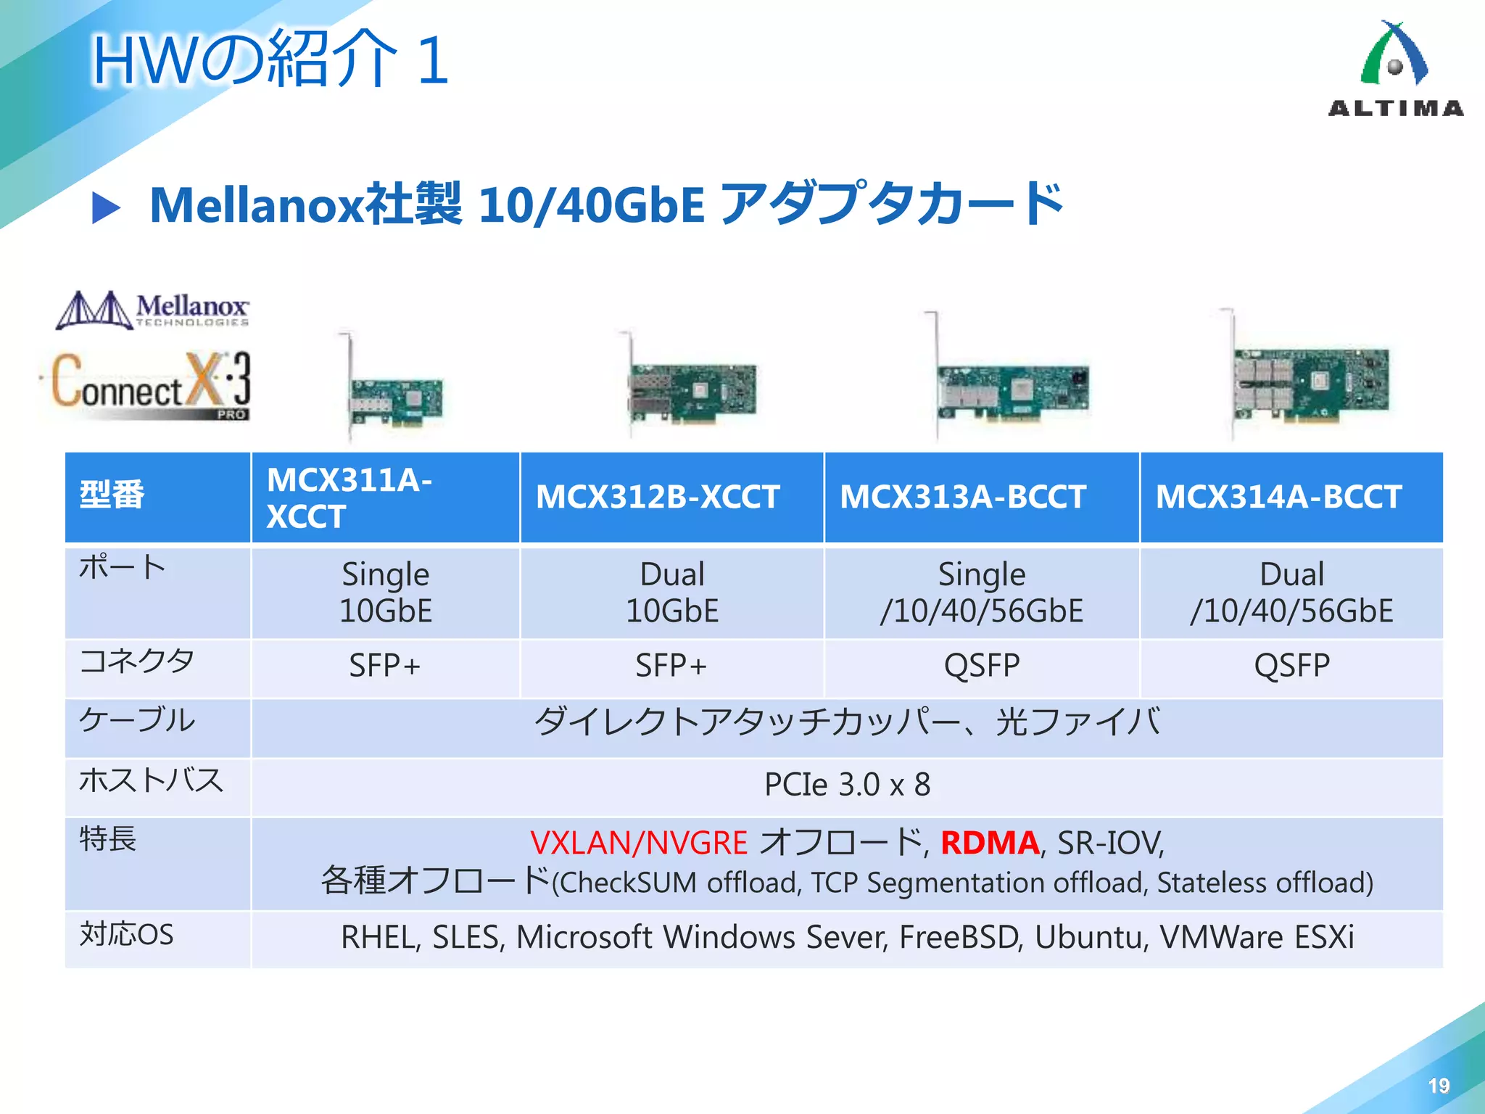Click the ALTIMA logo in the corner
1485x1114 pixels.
pyautogui.click(x=1395, y=70)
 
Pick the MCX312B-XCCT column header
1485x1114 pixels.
pyautogui.click(x=658, y=498)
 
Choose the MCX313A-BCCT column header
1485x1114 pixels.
pyautogui.click(x=962, y=498)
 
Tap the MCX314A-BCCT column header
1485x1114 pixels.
pyautogui.click(x=1278, y=498)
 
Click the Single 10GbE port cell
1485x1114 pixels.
pyautogui.click(x=386, y=593)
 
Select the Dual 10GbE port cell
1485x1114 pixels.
pyautogui.click(x=672, y=593)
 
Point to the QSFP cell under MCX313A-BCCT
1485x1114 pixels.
pyautogui.click(x=982, y=666)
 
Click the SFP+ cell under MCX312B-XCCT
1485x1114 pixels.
pyautogui.click(x=671, y=666)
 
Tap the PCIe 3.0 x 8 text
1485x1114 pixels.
pyautogui.click(x=847, y=785)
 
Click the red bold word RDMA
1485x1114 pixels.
pyautogui.click(x=990, y=843)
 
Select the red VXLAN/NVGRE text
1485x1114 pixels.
pyautogui.click(x=639, y=843)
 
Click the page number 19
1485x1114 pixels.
pyautogui.click(x=1439, y=1086)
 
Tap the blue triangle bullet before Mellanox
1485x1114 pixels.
pyautogui.click(x=106, y=208)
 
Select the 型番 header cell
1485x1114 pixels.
pyautogui.click(x=112, y=495)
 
